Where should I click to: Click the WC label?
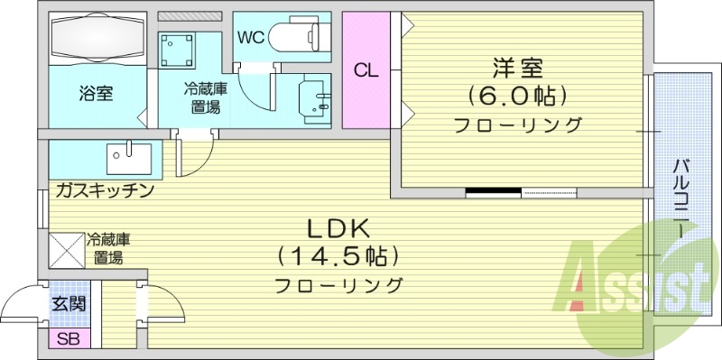pos(251,37)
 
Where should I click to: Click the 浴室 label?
pos(95,93)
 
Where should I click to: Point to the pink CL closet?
pos(366,70)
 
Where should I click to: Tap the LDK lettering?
pos(338,226)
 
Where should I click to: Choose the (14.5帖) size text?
pos(338,255)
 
